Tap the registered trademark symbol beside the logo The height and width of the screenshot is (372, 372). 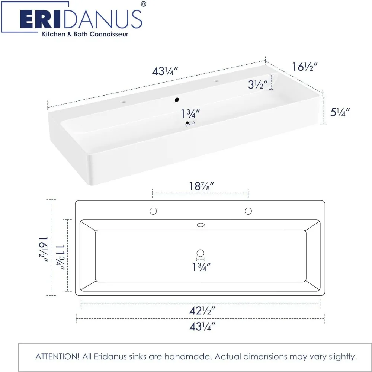144,4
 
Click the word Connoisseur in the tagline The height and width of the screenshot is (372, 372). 109,34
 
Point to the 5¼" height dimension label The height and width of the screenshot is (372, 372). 340,112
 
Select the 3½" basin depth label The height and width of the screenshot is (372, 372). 258,84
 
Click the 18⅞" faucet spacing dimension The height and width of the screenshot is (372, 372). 201,186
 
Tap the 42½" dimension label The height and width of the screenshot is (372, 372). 202,310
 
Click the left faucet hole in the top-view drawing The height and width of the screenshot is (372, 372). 153,211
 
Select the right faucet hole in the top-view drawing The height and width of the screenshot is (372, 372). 248,211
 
